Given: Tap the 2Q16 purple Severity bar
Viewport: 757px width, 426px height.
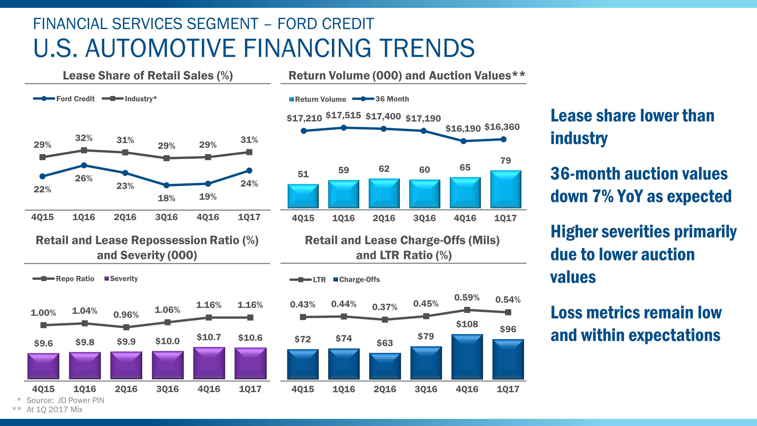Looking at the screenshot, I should tap(126, 365).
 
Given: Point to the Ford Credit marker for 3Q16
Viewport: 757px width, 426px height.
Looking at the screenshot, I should tap(166, 185).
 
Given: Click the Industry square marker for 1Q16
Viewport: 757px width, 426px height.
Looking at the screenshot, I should tap(84, 150).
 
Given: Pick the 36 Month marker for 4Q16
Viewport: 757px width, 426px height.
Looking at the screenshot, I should tap(463, 141).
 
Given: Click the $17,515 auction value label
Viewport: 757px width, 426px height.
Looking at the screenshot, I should tap(343, 115).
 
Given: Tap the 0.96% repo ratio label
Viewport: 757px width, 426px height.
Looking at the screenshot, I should tap(126, 315).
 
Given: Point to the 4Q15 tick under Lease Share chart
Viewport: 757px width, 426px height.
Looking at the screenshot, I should tap(42, 217).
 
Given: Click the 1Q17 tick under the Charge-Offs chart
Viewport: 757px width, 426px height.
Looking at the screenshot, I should tap(508, 389).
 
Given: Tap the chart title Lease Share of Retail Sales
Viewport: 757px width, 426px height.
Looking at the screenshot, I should tap(148, 75).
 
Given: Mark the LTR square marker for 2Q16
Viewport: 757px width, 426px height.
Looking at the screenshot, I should tap(385, 319).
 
